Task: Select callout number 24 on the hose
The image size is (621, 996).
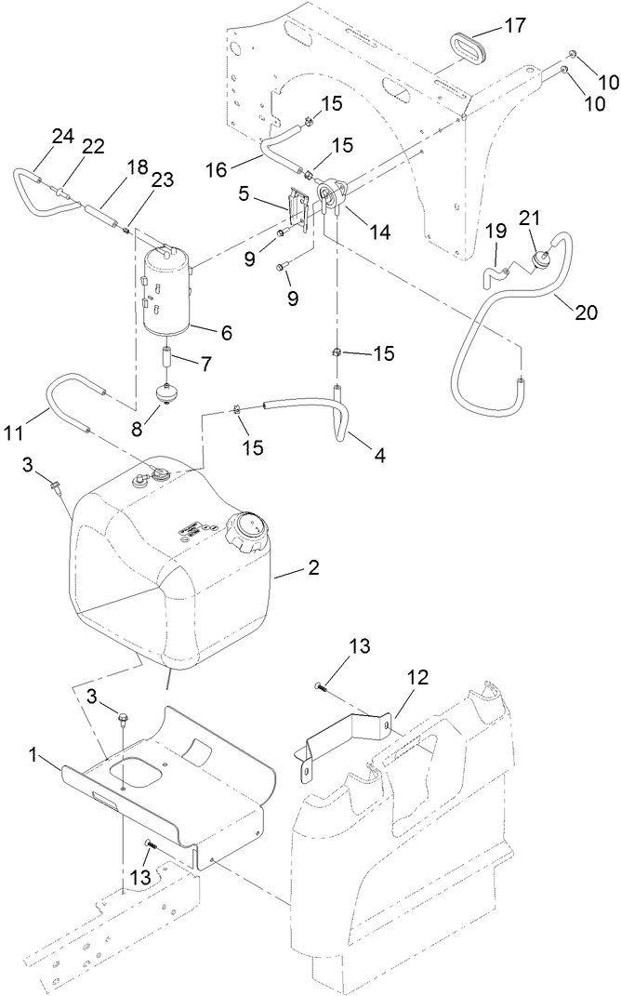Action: click(62, 136)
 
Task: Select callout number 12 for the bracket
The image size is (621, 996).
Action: click(416, 678)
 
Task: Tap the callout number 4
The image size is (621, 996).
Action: click(379, 456)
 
